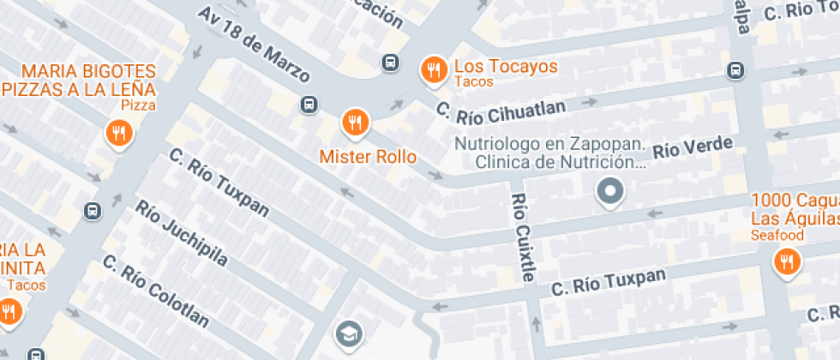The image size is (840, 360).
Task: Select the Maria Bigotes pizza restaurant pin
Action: point(118,134)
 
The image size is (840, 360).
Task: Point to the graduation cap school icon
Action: point(348,332)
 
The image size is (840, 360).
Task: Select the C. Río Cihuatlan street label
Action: point(501,109)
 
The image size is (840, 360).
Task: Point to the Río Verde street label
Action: point(694,147)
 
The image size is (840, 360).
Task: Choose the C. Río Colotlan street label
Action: point(155,291)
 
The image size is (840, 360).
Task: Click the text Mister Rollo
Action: point(368,157)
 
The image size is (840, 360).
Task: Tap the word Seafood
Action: point(777,235)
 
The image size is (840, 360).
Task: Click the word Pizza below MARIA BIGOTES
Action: point(138,105)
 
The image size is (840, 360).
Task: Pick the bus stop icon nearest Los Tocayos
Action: point(390,63)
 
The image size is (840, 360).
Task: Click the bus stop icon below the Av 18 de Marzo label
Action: point(309,105)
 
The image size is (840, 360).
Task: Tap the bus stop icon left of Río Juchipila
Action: point(92,210)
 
